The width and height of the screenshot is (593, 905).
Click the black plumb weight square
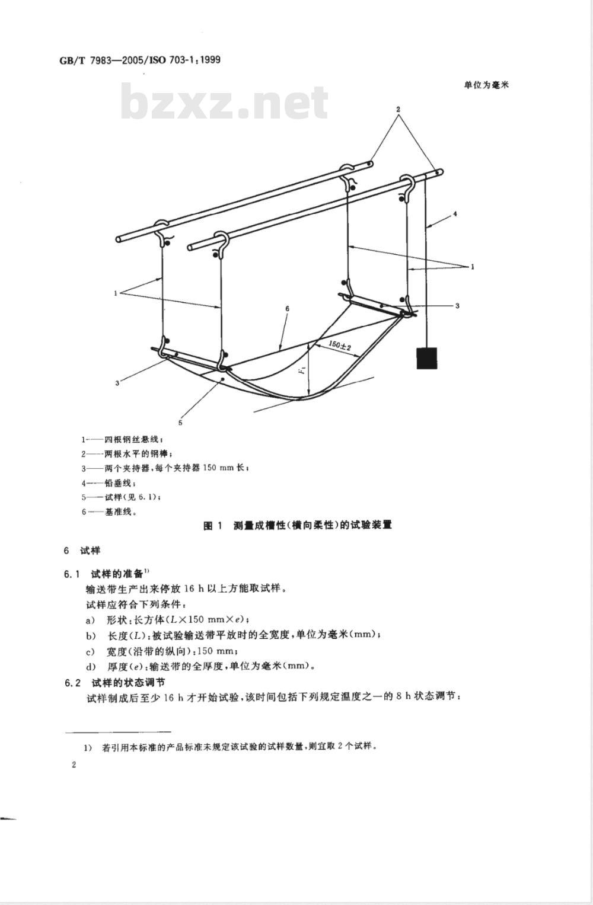coord(427,358)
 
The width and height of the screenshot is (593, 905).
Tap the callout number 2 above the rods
coord(398,109)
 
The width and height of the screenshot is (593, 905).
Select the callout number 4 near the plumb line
coord(455,214)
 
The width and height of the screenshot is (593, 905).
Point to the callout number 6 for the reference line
coord(287,309)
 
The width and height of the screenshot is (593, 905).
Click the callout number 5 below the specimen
coord(180,423)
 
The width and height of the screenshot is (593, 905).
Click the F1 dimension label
coord(304,369)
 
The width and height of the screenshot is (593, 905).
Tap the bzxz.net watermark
coord(224,102)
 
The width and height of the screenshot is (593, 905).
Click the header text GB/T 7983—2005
coord(101,60)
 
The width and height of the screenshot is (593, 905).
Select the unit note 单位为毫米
coord(486,85)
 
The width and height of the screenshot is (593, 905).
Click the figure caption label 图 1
coord(213,526)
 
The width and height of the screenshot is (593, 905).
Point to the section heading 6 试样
coord(82,551)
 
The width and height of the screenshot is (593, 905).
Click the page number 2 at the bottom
coord(74,765)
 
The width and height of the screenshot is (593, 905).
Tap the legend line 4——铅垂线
coord(109,483)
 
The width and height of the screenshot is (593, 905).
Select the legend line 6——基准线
coord(109,512)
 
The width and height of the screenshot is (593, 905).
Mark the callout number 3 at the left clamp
coord(117,383)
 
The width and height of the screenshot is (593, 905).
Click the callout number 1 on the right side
coord(473,267)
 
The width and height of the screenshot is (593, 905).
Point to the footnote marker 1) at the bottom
coord(88,747)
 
